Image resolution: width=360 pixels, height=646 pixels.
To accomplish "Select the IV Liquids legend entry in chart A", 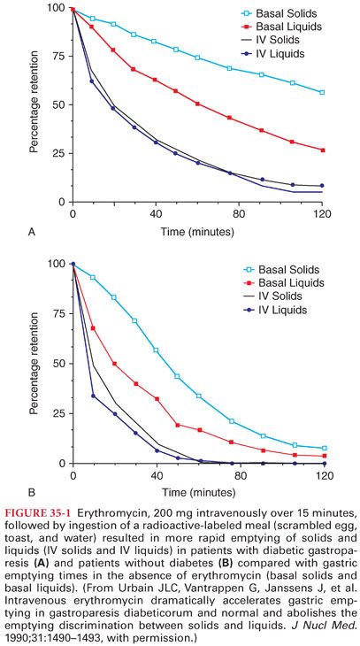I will pos(288,57).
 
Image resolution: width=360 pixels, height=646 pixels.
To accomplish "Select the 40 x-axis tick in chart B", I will pos(155,475).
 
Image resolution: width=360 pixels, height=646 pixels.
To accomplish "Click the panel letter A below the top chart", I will pos(32,234).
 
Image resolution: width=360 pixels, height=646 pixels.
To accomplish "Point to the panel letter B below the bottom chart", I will pos(32,494).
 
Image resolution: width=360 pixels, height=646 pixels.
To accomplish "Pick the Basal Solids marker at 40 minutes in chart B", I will pos(155,350).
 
